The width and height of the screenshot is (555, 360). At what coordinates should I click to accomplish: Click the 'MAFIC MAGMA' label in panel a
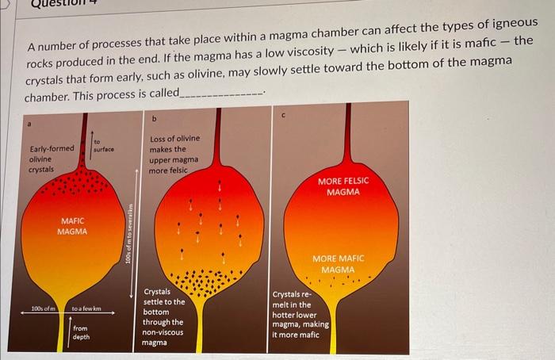point(71,226)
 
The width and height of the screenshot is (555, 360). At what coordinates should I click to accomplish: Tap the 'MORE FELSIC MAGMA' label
point(343,187)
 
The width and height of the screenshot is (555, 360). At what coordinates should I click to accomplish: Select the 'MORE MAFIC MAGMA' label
point(339,264)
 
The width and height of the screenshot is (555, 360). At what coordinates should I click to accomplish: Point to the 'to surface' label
point(104,145)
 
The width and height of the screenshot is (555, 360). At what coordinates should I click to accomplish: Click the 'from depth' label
point(82,332)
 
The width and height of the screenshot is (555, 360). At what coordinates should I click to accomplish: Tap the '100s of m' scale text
point(44,308)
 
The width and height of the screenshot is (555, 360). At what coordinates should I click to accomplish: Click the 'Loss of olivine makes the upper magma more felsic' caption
point(174,155)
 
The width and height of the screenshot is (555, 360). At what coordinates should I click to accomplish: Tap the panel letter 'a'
point(29,123)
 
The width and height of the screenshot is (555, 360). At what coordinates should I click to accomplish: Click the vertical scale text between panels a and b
point(136,234)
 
